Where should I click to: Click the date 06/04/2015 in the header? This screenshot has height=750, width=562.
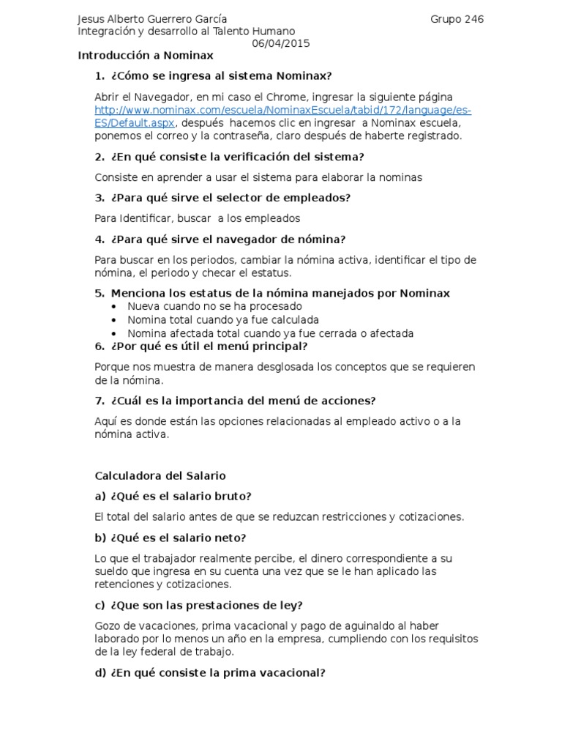[x=281, y=43]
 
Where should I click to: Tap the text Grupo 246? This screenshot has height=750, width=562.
[x=457, y=19]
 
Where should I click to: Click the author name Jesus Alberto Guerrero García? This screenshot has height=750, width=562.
[x=152, y=19]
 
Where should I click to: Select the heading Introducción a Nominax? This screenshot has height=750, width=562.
[x=146, y=56]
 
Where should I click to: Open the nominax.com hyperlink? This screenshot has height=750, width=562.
[x=282, y=110]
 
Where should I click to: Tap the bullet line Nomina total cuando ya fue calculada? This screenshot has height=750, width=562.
[x=222, y=320]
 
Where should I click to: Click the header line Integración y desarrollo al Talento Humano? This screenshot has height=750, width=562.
[x=187, y=31]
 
